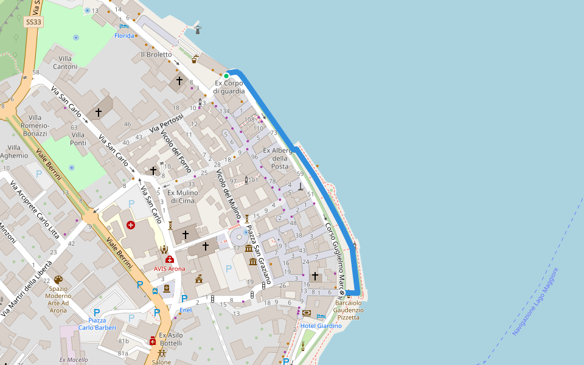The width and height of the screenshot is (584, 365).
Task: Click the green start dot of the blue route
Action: point(226,76)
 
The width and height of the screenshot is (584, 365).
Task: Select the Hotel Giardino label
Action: point(321,326)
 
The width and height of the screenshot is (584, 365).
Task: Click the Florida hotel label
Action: point(124,36)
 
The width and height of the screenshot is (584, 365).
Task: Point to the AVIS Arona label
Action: point(169,268)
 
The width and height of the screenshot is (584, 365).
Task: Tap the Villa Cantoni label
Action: point(65,62)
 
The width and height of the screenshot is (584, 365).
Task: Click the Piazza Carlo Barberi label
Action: point(97,324)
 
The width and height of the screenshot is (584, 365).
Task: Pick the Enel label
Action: point(185,311)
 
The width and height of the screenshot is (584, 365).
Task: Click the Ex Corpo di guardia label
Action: point(229,87)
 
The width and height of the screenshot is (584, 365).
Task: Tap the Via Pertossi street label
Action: point(166,124)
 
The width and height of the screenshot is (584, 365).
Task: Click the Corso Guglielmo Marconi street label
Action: point(335,255)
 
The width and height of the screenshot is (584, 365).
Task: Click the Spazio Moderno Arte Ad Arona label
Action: point(58,299)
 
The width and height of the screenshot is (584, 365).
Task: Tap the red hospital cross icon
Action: point(131,225)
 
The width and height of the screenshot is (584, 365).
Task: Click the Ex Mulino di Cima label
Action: point(183,196)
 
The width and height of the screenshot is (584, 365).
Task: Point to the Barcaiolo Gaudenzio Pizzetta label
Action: point(349,310)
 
